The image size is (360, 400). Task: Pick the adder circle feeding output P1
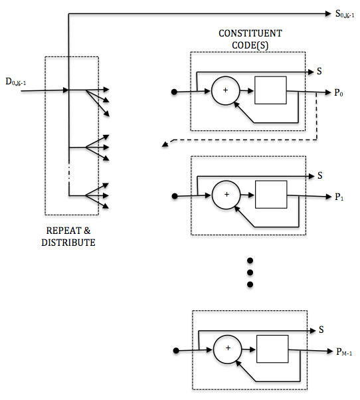pyautogui.click(x=226, y=195)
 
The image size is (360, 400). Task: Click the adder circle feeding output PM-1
pyautogui.click(x=228, y=348)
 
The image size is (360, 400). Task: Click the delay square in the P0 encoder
pyautogui.click(x=271, y=90)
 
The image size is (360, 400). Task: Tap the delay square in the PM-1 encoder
pyautogui.click(x=272, y=348)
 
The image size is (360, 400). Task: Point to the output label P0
pyautogui.click(x=339, y=94)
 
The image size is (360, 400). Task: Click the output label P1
pyautogui.click(x=339, y=197)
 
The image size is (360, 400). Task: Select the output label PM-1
pyautogui.click(x=343, y=351)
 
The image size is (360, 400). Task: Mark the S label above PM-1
pyautogui.click(x=321, y=329)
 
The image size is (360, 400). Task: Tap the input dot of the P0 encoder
pyautogui.click(x=174, y=92)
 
